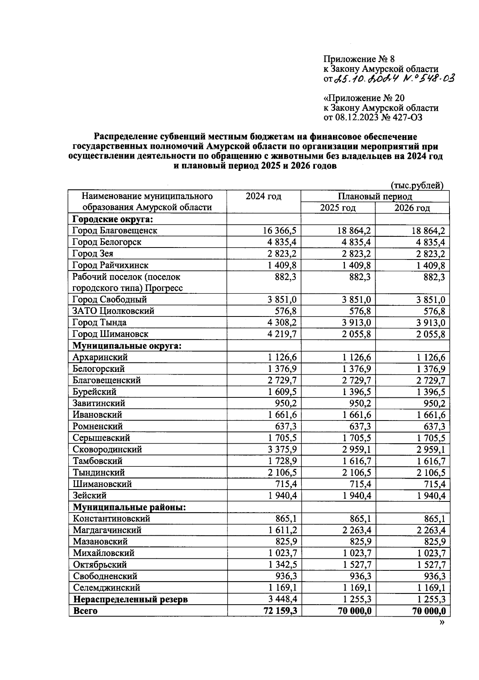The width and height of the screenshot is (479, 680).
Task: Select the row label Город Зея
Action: [93, 254]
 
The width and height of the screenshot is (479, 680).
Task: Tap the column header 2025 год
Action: [338, 208]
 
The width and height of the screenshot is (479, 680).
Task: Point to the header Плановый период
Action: [375, 197]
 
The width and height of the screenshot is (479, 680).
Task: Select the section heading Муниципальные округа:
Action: [127, 346]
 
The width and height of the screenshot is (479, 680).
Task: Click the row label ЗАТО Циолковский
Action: [113, 311]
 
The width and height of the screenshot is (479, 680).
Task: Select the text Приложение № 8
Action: [358, 59]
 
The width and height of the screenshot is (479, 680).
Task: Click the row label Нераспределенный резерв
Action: [130, 599]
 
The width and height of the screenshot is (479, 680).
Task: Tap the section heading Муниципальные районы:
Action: [129, 507]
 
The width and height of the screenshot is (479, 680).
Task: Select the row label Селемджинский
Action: [106, 588]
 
